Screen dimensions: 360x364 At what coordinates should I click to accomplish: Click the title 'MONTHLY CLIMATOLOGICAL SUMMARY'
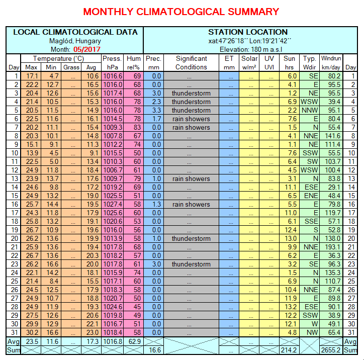181,12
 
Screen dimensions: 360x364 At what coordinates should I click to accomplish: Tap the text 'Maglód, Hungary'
75,41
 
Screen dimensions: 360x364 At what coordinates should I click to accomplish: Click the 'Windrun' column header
331,58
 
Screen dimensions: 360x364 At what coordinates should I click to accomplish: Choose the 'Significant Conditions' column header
191,62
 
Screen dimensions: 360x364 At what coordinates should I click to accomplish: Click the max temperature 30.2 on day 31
32,332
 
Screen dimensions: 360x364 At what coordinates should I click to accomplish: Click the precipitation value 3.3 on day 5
156,110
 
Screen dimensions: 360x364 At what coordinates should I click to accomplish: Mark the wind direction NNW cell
310,110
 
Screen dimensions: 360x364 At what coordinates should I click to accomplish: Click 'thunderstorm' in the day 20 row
191,238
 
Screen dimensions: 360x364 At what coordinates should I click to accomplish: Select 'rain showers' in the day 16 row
191,204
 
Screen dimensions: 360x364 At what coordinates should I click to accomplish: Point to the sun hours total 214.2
290,349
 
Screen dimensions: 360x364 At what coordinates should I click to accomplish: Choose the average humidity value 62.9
134,341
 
